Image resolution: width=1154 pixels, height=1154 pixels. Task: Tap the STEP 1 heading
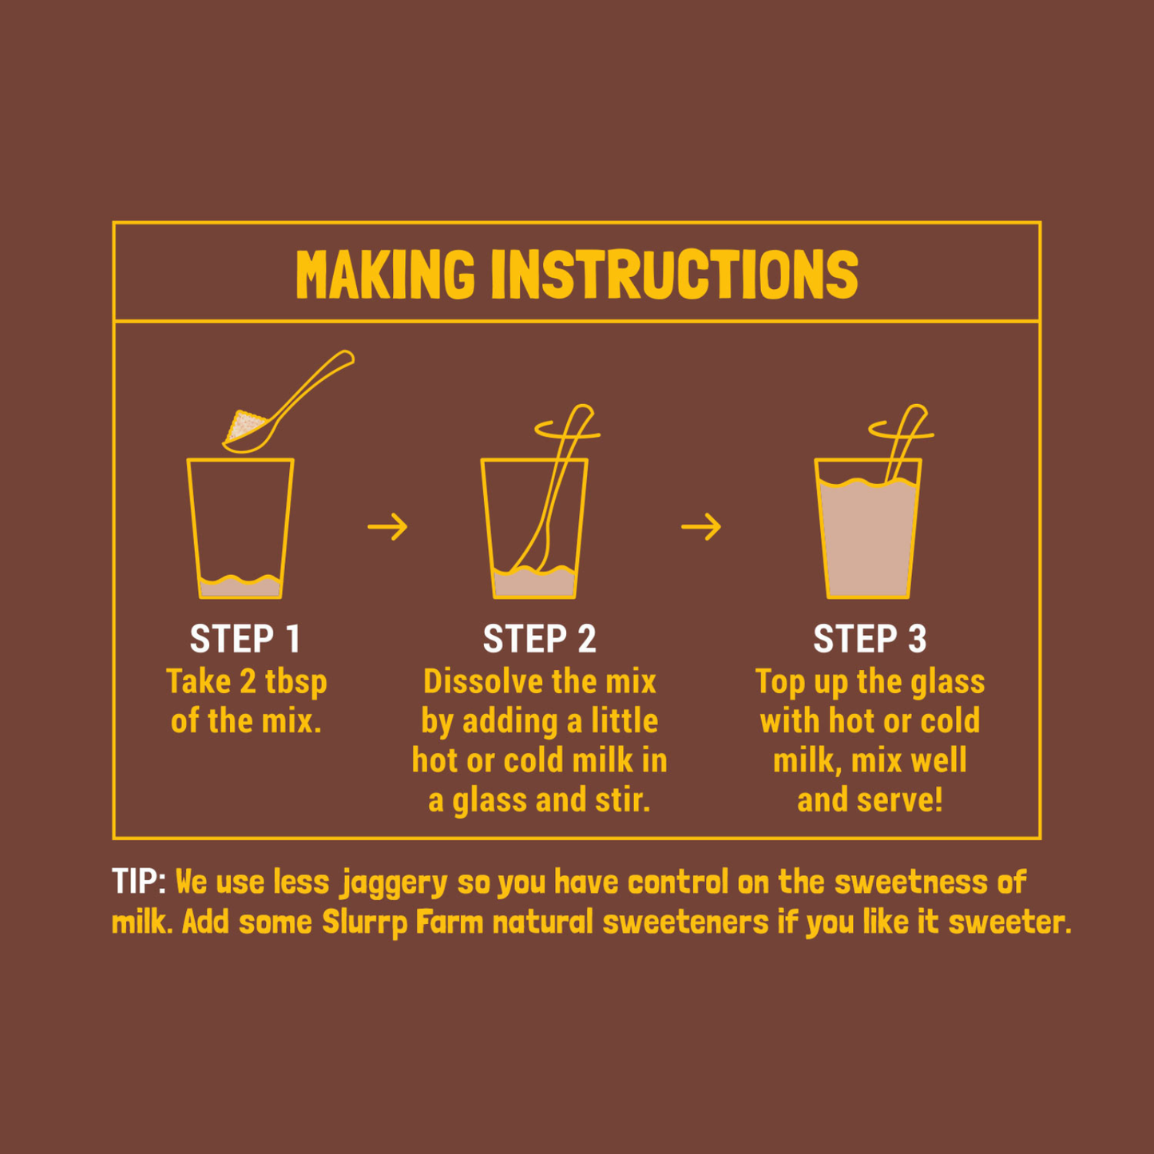[245, 638]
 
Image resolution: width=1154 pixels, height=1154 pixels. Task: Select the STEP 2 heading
[540, 638]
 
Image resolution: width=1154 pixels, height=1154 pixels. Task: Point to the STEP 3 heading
[870, 638]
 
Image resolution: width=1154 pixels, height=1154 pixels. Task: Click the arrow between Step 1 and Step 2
[387, 526]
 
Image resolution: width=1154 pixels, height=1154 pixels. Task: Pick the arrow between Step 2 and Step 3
[701, 526]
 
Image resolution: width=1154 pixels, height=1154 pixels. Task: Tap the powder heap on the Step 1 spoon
[244, 426]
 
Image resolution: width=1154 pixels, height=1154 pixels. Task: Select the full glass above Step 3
[868, 528]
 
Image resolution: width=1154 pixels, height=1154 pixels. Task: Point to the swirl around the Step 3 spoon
[902, 430]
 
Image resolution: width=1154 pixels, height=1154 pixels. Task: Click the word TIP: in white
[139, 882]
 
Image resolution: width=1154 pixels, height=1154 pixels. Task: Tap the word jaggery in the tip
[394, 884]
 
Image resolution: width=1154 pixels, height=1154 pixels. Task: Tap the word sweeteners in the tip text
[686, 922]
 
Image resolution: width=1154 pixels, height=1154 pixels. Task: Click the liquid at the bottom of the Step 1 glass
[240, 588]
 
